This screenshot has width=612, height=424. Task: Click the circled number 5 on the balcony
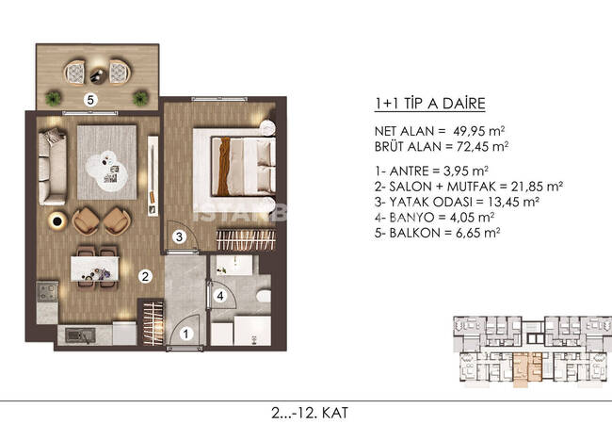(x=90, y=100)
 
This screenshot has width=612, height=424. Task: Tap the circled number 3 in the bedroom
(x=179, y=236)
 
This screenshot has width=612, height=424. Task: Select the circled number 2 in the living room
(x=145, y=277)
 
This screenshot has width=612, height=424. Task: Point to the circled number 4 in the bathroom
(x=220, y=296)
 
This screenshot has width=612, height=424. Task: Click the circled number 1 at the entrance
(x=186, y=334)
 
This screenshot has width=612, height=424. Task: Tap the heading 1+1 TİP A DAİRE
(x=429, y=104)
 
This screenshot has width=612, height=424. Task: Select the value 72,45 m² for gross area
(x=482, y=147)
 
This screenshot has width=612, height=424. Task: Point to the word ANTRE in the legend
(x=409, y=171)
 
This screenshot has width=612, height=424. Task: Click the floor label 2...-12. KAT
(x=310, y=413)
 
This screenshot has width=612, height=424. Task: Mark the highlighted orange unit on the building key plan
(x=527, y=369)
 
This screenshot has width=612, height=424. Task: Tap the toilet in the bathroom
(x=264, y=296)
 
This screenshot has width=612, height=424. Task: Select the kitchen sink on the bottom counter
(x=80, y=335)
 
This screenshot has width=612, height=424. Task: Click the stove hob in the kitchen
(x=47, y=291)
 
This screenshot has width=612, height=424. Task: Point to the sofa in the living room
(x=53, y=167)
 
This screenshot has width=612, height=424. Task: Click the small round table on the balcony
(x=97, y=75)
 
